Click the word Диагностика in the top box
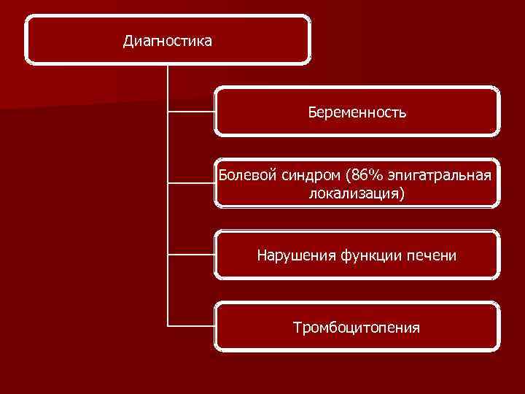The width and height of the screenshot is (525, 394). [x=168, y=41]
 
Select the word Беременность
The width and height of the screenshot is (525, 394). [x=357, y=113]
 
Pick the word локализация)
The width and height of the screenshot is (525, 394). [x=357, y=194]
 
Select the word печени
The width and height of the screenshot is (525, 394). [x=435, y=255]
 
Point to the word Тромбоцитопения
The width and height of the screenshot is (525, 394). [x=357, y=328]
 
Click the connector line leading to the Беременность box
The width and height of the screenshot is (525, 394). [x=191, y=112]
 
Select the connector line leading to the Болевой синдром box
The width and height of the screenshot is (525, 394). [x=191, y=183]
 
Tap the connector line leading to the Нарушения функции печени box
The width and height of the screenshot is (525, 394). [x=191, y=255]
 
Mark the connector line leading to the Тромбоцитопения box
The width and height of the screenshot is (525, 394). [x=191, y=325]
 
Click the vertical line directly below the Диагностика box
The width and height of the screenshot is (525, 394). [x=168, y=88]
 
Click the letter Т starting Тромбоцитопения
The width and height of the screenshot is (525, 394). [x=297, y=328]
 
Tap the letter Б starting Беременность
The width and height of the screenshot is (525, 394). [x=312, y=113]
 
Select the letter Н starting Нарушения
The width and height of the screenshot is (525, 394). [x=262, y=255]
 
